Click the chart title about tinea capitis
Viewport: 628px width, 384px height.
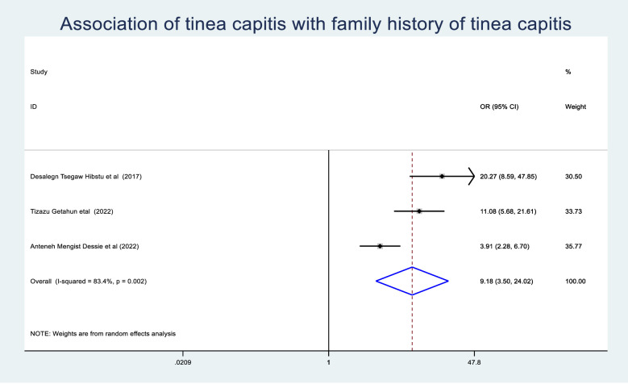coord(315,23)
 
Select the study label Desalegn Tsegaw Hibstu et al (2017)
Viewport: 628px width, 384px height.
coord(85,177)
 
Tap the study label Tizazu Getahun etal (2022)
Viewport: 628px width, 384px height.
coord(72,211)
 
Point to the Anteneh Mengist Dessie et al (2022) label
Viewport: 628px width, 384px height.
coord(85,246)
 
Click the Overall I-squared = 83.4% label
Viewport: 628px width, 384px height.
coord(89,282)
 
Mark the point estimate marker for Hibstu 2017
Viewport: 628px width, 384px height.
coord(442,177)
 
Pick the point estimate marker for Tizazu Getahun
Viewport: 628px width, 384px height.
coord(419,211)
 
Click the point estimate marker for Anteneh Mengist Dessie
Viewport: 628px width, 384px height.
coord(380,246)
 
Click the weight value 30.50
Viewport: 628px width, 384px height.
coord(573,177)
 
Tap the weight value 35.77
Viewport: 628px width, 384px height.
coord(573,246)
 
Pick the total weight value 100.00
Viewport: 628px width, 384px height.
coord(575,282)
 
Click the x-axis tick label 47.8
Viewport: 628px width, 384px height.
coord(474,362)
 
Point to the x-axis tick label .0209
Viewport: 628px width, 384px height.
coord(183,362)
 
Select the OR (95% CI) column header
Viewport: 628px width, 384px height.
coord(499,106)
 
